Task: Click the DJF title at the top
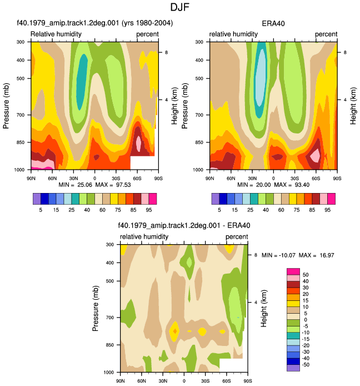180,7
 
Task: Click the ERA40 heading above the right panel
273,23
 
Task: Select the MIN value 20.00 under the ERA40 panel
263,185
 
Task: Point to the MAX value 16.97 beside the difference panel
327,255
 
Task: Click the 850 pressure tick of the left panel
21,142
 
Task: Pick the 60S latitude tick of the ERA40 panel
316,178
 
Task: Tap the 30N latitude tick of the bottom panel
163,381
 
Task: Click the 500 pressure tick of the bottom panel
109,281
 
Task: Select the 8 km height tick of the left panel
167,52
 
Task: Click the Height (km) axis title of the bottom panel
264,308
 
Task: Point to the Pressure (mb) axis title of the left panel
6,106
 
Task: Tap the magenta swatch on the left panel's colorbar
153,199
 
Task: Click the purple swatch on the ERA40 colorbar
216,199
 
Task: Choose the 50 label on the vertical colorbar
306,275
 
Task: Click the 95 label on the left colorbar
149,210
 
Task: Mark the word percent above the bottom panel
237,237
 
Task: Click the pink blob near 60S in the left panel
138,142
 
